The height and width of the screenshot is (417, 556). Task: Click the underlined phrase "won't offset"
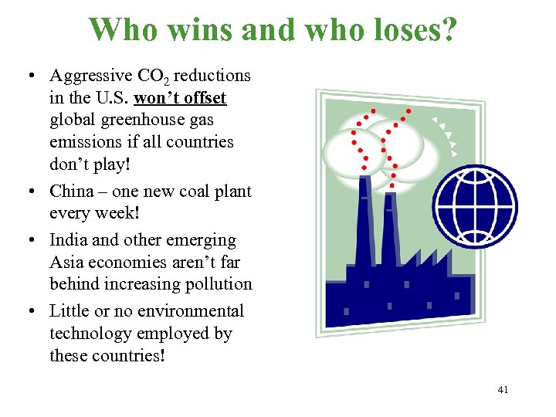180,98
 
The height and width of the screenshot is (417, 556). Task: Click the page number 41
503,390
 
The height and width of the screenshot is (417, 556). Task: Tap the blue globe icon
475,205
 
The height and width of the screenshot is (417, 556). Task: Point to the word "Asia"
67,263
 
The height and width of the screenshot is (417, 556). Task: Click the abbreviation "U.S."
111,98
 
